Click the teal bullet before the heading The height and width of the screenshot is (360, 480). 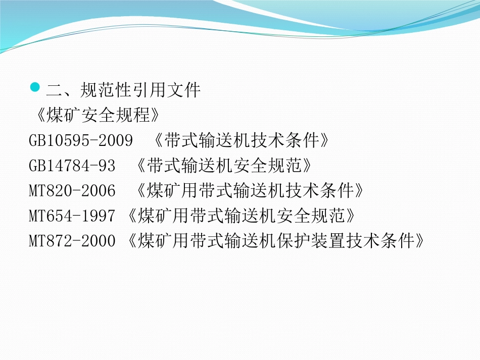pos(35,87)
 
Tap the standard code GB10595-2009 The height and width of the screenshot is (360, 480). pos(81,140)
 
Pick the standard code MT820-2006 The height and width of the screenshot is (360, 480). pos(72,191)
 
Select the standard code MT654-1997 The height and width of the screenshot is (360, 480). pos(72,216)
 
